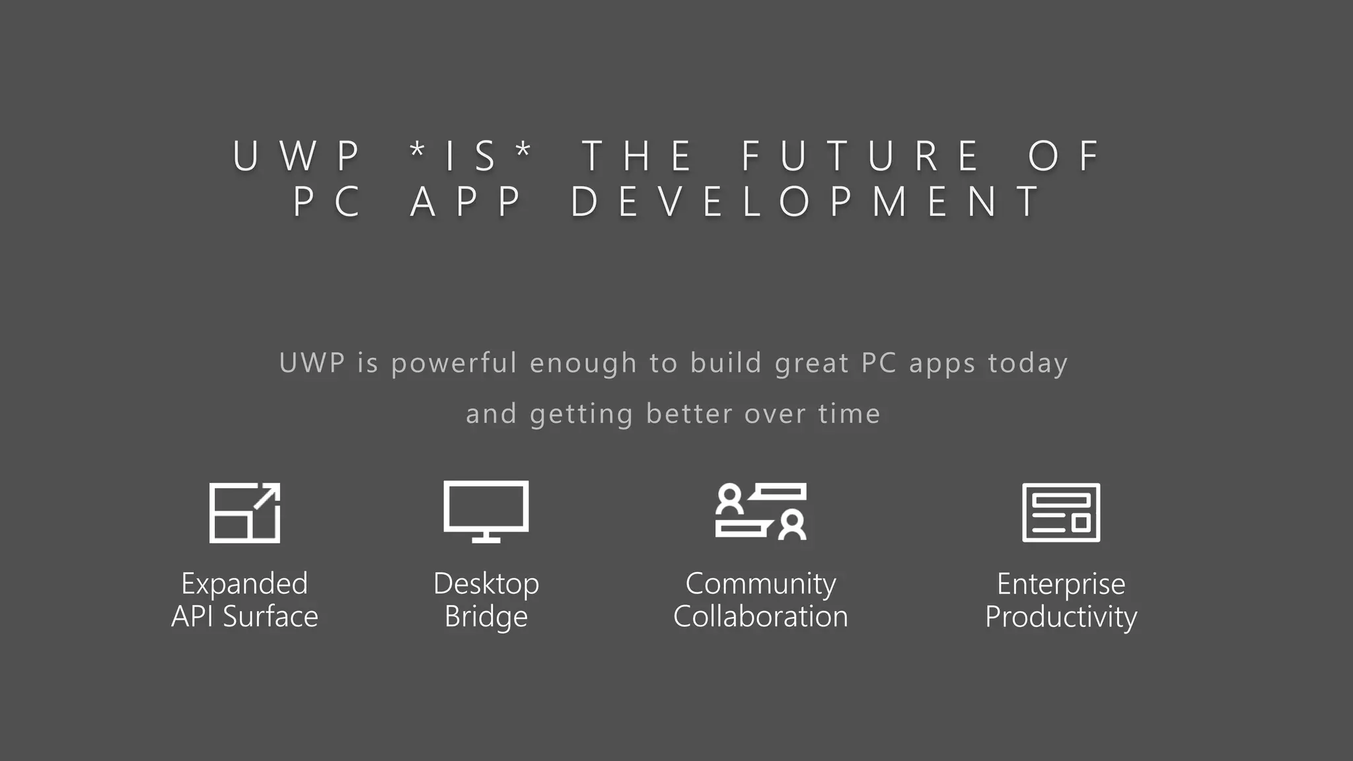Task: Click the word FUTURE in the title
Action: (x=860, y=157)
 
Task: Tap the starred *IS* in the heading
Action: (x=470, y=157)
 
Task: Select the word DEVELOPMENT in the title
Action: (x=805, y=201)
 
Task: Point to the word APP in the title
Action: (x=466, y=201)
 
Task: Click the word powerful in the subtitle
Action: (x=454, y=363)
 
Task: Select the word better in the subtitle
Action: (x=689, y=414)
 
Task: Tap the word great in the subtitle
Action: (x=811, y=363)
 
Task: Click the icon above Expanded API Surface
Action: (x=244, y=513)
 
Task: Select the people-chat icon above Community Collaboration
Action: (x=760, y=512)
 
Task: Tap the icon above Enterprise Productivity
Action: (x=1061, y=513)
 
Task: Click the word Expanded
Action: (x=244, y=584)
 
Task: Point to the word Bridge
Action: (x=486, y=617)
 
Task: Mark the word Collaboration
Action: (x=760, y=617)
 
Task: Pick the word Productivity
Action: (x=1061, y=617)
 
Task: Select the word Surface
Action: (x=270, y=617)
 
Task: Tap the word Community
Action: (x=760, y=584)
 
